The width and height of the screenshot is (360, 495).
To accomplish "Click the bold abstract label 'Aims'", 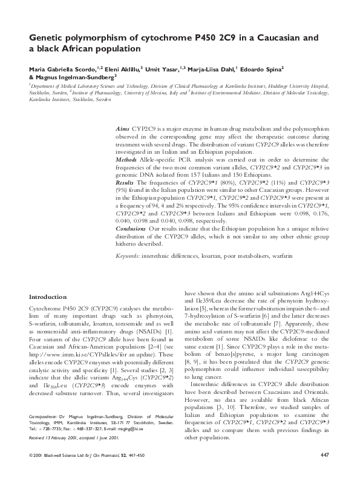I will pos(123,130).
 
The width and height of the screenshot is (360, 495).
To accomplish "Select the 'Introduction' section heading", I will pos(48,297).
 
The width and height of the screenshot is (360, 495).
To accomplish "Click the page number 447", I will pos(324,471).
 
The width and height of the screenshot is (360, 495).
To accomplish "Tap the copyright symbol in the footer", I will pos(31,471).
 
